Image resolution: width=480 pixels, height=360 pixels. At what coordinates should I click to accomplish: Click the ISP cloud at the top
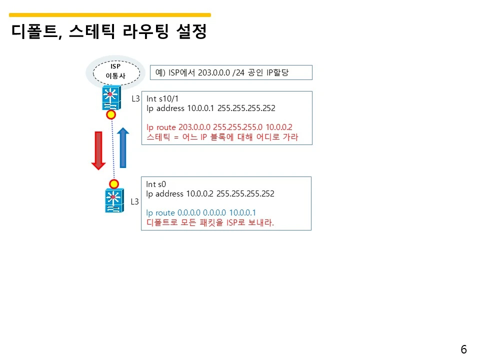point(115,71)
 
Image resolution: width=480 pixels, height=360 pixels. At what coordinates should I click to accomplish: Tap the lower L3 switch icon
point(113,200)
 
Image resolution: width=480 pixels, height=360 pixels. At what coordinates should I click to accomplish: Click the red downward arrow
point(98,150)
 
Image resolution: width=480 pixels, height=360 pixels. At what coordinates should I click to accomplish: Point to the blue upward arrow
point(122,148)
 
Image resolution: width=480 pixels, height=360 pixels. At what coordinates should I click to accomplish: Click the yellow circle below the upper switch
point(111,115)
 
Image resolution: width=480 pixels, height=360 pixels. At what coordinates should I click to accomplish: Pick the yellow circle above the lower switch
point(114,183)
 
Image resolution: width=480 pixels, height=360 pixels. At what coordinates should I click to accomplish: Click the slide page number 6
point(463,349)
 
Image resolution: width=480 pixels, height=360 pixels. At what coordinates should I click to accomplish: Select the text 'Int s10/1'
point(162,99)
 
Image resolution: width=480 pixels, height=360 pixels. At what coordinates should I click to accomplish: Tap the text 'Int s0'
point(156,184)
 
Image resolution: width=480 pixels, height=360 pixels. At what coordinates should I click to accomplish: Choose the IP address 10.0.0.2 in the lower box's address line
point(200,193)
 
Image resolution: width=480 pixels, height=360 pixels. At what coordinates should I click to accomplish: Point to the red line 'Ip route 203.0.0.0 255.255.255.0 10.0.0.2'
point(219,127)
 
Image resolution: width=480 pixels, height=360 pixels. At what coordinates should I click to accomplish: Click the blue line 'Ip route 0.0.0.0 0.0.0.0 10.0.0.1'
point(201,212)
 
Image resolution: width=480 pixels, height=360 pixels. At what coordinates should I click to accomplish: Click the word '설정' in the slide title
point(192,33)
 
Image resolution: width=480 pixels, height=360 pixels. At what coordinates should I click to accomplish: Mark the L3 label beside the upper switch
point(135,99)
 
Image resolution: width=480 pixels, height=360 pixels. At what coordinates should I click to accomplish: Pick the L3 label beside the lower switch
point(134,202)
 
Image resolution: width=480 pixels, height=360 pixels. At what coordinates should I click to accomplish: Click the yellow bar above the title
point(110,15)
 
